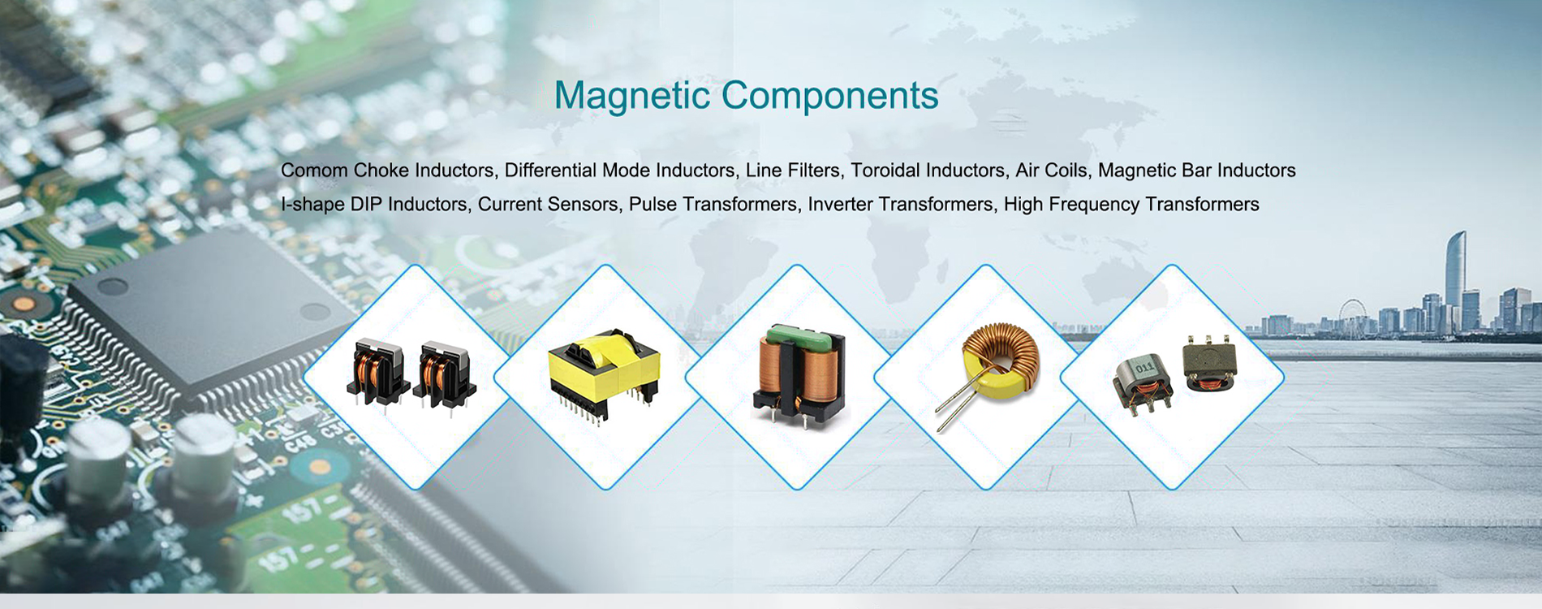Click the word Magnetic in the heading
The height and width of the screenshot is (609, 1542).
632,97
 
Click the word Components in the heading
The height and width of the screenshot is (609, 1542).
829,97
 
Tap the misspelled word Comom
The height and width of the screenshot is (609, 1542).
314,171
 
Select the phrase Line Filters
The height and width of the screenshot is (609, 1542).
793,171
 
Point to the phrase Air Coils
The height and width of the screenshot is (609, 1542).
1051,171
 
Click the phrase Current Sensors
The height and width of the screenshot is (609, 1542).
548,204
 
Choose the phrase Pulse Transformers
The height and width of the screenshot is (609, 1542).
713,204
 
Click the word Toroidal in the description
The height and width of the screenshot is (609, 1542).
885,171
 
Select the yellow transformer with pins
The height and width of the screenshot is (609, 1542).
605,374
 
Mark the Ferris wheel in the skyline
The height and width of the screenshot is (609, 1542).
1351,317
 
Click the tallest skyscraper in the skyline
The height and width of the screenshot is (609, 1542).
1456,280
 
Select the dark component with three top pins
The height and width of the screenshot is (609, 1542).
1209,364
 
